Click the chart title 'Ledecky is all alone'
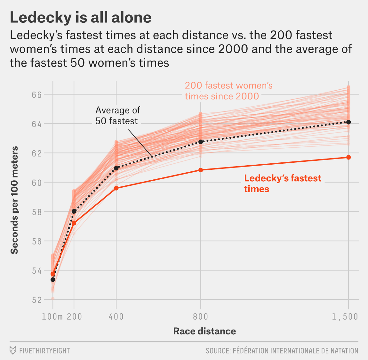[x=81, y=18]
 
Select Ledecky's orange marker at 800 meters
[x=201, y=170]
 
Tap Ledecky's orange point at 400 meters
[x=116, y=188]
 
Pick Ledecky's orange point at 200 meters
[x=74, y=223]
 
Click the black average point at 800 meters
[x=201, y=142]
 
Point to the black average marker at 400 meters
[x=116, y=168]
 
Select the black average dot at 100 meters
[x=53, y=280]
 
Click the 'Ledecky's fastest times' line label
[x=282, y=184]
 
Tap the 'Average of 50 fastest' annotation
[x=117, y=116]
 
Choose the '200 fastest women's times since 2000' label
[x=228, y=91]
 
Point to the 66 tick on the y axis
[x=37, y=94]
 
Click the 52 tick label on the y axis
[x=37, y=300]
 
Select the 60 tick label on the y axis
[x=37, y=183]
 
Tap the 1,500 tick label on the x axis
[x=345, y=317]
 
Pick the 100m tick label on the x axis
[x=52, y=317]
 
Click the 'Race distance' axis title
[x=204, y=331]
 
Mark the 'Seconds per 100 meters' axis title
[x=14, y=200]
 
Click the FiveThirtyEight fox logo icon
[x=13, y=350]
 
